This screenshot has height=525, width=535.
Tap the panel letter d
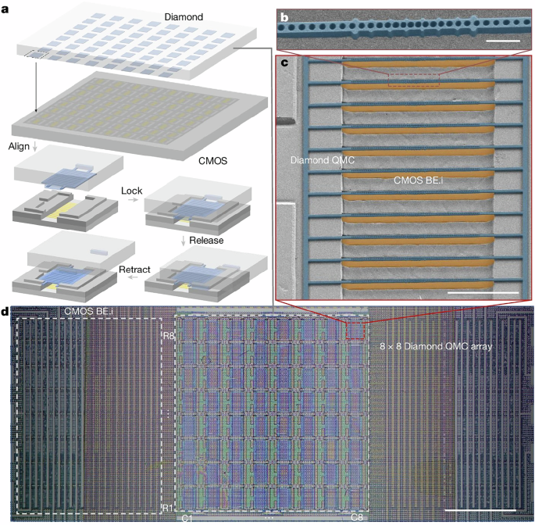6,313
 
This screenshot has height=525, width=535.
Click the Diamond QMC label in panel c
317,161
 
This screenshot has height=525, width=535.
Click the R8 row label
167,335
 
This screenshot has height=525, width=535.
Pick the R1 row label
166,508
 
